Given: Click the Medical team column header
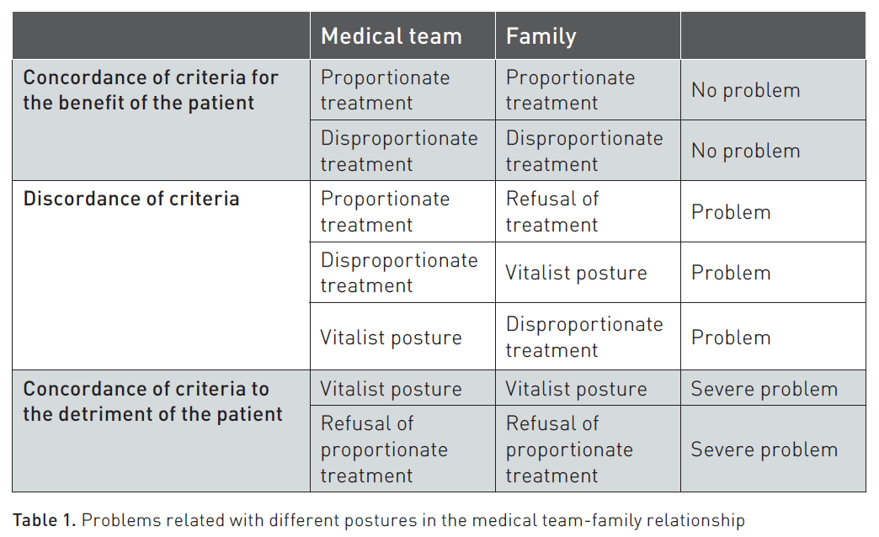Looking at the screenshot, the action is [x=392, y=36].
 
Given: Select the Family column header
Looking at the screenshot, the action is [x=541, y=36].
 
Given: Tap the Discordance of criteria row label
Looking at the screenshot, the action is [x=131, y=199].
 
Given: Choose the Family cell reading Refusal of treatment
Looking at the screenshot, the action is [x=552, y=211].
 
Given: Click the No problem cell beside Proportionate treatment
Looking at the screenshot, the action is [x=746, y=90].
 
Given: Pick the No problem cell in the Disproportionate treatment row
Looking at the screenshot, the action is [x=746, y=151].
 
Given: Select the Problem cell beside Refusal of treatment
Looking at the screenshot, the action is [x=731, y=212].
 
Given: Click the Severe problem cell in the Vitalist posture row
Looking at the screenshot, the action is [x=764, y=389].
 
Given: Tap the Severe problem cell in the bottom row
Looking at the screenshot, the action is [x=764, y=449].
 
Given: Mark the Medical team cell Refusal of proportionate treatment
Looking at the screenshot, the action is [x=384, y=449].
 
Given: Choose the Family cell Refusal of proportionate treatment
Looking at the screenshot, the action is [x=569, y=449].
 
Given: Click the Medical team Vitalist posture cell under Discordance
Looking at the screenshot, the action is [x=391, y=338].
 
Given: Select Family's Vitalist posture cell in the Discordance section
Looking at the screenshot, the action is [x=576, y=273].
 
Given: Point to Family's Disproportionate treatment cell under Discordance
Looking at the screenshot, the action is [x=584, y=337].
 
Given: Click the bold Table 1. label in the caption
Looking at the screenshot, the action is [x=45, y=520].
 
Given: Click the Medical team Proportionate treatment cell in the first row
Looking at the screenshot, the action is [x=385, y=90].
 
